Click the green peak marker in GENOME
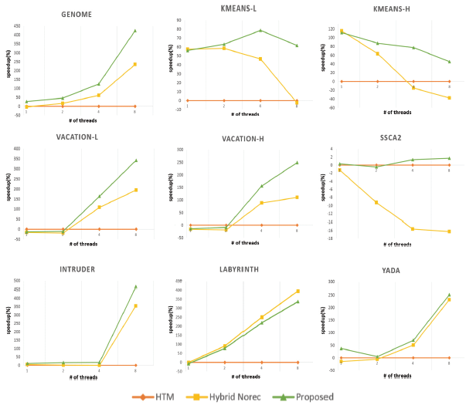pyautogui.click(x=135, y=31)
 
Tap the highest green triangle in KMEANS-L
pyautogui.click(x=260, y=30)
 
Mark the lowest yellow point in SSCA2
pyautogui.click(x=449, y=231)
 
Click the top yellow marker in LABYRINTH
pyautogui.click(x=298, y=291)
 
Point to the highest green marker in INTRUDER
pyautogui.click(x=135, y=286)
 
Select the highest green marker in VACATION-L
pyautogui.click(x=135, y=160)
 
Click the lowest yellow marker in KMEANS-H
pyautogui.click(x=449, y=98)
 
